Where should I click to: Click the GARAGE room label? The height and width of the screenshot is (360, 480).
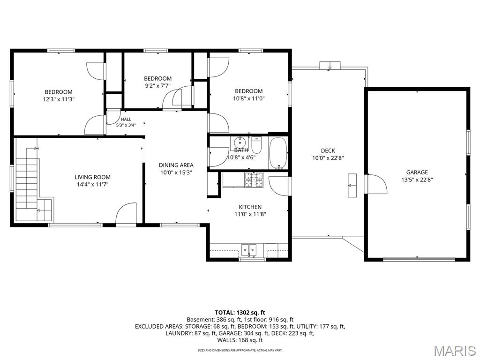point(417,172)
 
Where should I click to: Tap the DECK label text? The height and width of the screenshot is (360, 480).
point(328,150)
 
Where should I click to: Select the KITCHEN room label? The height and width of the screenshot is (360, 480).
point(250,207)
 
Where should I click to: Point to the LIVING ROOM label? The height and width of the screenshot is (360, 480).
point(92,177)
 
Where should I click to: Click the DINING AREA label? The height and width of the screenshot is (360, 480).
point(176,165)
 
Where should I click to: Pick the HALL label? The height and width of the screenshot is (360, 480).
point(126,120)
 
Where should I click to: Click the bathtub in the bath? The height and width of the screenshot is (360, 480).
point(278,153)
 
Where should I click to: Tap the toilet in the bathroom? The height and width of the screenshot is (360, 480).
point(256,145)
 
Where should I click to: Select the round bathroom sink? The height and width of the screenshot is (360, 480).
point(240,142)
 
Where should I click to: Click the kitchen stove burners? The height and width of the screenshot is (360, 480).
point(254,180)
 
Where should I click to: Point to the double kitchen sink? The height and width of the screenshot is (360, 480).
point(249,250)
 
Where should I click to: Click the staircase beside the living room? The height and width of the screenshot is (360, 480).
point(30,185)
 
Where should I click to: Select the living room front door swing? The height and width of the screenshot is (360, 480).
point(126,214)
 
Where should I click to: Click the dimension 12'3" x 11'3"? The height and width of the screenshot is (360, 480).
point(59,99)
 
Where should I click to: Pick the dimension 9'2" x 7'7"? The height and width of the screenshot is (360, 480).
point(157,86)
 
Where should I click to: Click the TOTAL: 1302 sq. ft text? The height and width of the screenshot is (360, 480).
point(240,313)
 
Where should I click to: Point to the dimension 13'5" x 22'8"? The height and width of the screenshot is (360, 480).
point(417,180)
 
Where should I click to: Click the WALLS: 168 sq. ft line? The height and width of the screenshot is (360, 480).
point(240,340)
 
